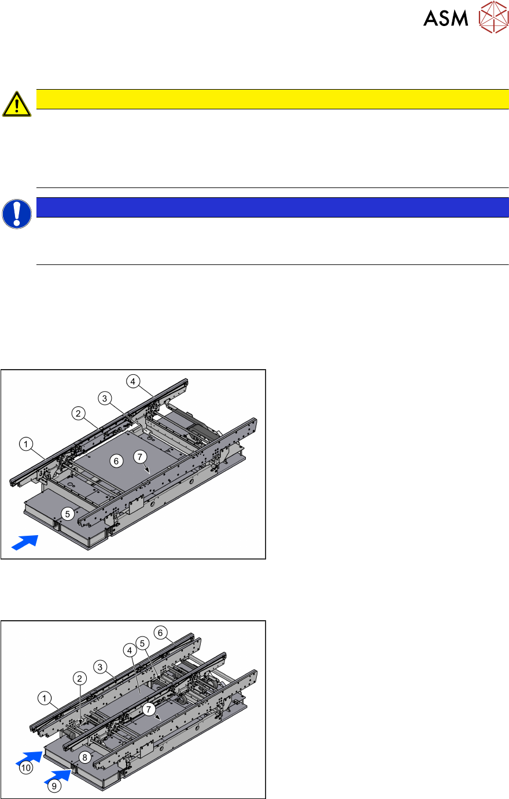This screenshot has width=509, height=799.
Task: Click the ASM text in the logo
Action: (445, 18)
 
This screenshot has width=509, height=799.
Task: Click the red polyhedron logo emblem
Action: (493, 17)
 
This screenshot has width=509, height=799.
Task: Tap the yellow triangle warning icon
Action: (17, 104)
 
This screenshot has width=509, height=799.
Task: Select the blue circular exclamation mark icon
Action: (17, 213)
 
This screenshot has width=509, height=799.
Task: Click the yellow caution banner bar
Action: (272, 99)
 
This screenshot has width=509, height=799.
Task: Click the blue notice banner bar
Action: (272, 207)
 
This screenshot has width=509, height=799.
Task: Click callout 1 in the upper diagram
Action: (25, 444)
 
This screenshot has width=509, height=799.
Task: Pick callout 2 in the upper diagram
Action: (79, 414)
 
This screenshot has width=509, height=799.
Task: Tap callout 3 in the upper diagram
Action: (105, 399)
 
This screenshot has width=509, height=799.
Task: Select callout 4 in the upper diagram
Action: (133, 382)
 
